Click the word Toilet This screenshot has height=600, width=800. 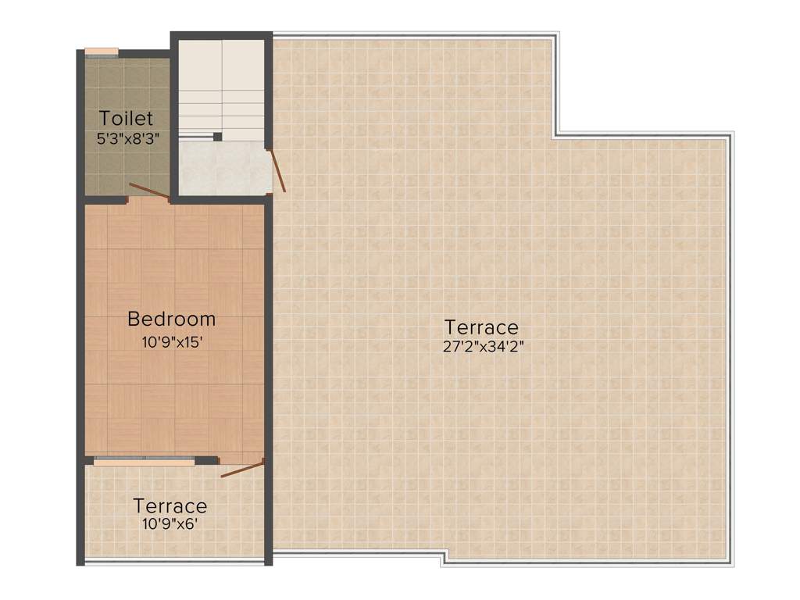[x=126, y=119]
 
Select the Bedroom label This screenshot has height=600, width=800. [x=171, y=319]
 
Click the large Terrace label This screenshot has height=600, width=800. [x=481, y=327]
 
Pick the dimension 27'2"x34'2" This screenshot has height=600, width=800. [x=482, y=347]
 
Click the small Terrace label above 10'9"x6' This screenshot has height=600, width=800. [x=170, y=505]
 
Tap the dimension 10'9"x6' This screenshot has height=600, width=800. [x=170, y=524]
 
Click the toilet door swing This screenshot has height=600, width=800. [x=148, y=191]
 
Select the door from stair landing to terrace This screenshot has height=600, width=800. [x=278, y=171]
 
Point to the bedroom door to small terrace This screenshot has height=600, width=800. [x=242, y=470]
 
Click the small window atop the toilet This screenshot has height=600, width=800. [x=102, y=52]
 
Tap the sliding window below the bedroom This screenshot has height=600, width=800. [x=144, y=462]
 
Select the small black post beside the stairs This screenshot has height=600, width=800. [x=218, y=137]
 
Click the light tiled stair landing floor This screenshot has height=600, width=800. [x=222, y=168]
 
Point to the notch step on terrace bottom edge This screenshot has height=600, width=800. [x=443, y=558]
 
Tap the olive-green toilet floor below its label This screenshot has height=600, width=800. [x=126, y=168]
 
